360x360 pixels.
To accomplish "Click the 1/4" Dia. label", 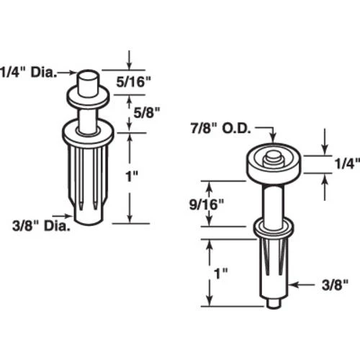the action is coord(28,72).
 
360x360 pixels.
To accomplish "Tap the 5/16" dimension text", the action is coord(133,82).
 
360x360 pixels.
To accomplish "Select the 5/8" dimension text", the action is coord(146,112).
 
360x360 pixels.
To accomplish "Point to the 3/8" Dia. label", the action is coord(41,226).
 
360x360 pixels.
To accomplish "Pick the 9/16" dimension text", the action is coord(207,204).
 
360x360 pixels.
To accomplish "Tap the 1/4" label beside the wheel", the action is coord(347,164).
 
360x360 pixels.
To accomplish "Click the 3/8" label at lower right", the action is coord(335,285).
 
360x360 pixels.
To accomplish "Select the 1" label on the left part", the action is coord(132,176).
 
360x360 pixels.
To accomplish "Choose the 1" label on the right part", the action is coord(220,274).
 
